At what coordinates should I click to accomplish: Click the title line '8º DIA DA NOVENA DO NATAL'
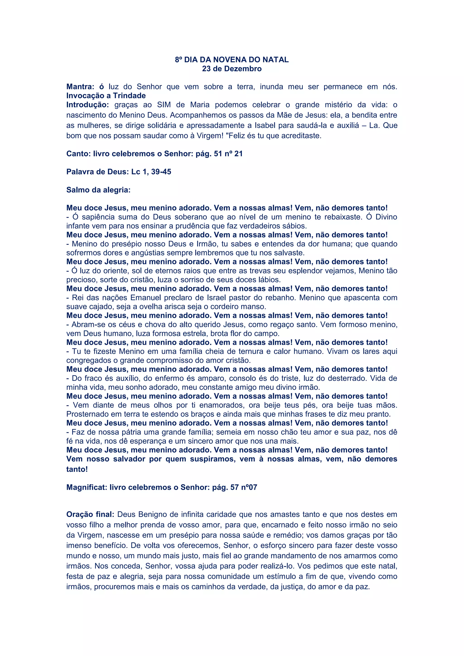pos(232,60)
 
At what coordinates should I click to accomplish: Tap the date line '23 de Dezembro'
pos(232,69)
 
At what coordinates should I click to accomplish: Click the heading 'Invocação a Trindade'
pos(106,96)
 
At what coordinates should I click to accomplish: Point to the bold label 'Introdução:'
pos(88,105)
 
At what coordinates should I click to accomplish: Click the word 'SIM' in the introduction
pos(164,105)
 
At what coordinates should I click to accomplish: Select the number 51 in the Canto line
pos(218,154)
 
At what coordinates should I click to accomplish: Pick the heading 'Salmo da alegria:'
pos(98,190)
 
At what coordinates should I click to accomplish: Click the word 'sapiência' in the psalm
pos(98,217)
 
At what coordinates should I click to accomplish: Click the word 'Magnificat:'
pos(87,487)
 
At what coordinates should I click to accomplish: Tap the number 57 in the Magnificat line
pos(234,487)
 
